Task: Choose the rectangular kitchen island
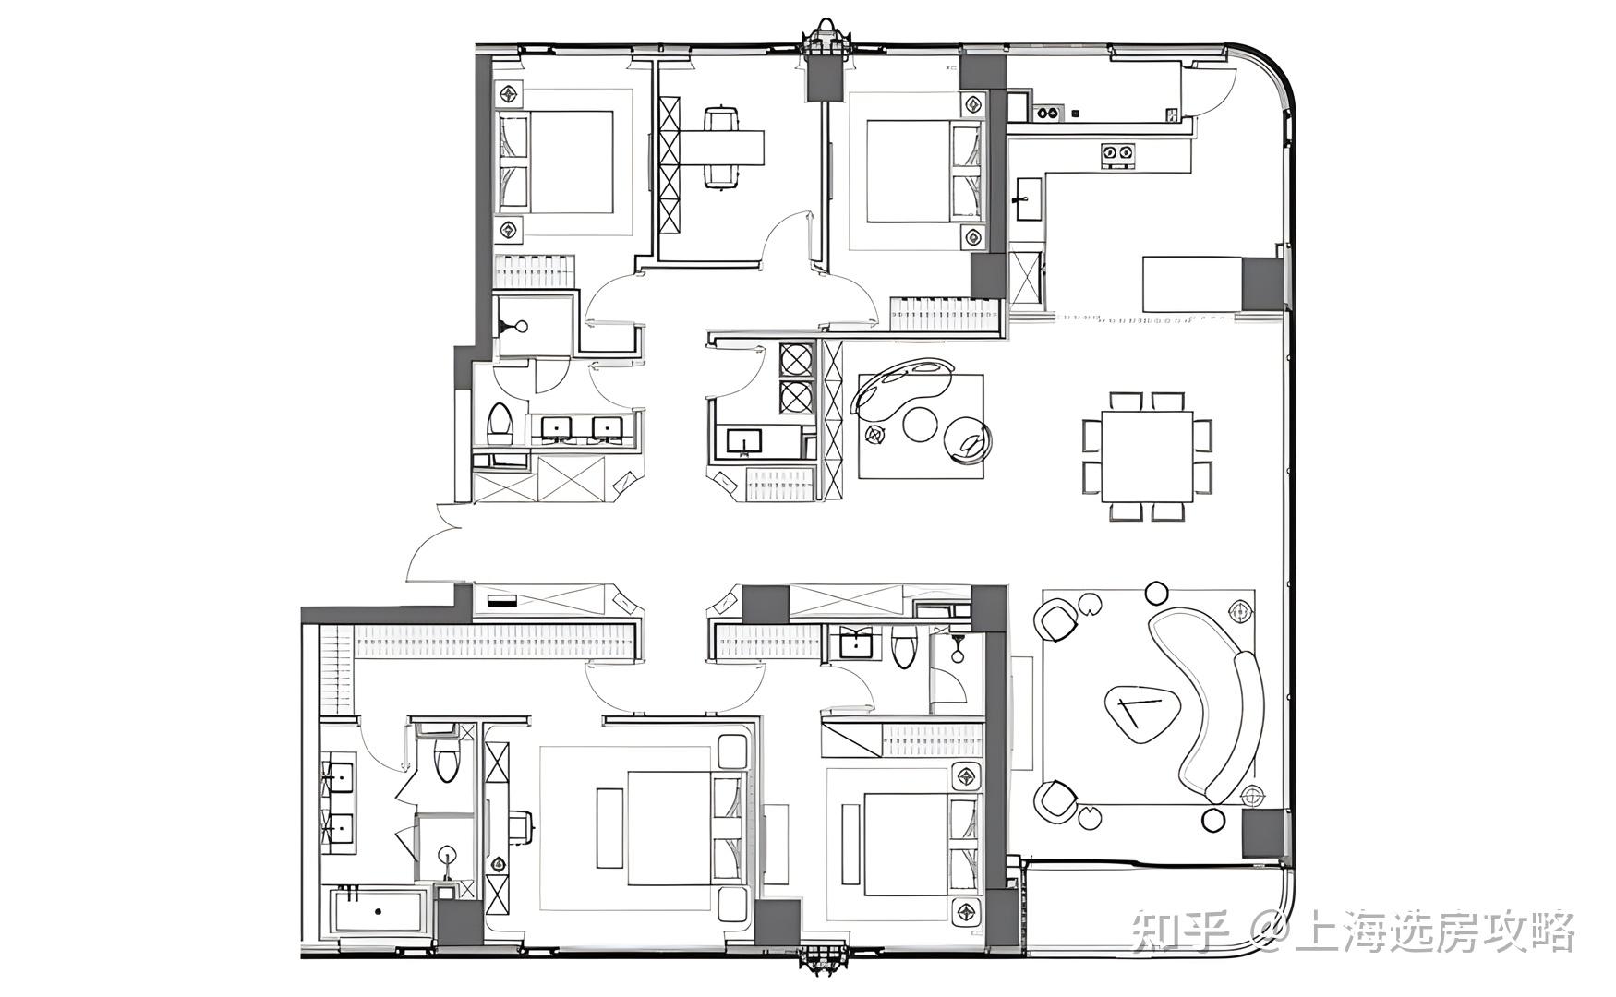pyautogui.click(x=1192, y=284)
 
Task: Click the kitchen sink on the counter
pyautogui.click(x=1027, y=199)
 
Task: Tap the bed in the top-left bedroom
pyautogui.click(x=556, y=162)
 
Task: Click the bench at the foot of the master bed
pyautogui.click(x=609, y=827)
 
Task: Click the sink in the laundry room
pyautogui.click(x=743, y=442)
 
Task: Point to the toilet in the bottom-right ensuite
pyautogui.click(x=903, y=646)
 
